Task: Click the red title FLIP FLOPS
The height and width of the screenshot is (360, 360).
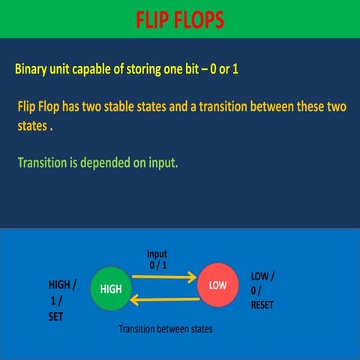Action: (180, 19)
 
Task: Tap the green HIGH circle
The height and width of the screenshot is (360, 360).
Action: (110, 289)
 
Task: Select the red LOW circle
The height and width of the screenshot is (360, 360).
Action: (217, 286)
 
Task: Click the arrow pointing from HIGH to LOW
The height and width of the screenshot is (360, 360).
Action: (164, 277)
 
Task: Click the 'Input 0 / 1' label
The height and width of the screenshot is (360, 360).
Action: (157, 259)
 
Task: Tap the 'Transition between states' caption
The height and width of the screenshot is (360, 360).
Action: (166, 328)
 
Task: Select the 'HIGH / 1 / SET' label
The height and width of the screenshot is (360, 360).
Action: (61, 300)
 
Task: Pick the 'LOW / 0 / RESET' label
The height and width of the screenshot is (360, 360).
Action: (262, 290)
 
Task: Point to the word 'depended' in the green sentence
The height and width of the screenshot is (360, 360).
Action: (107, 162)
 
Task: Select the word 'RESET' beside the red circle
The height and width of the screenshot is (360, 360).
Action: (262, 305)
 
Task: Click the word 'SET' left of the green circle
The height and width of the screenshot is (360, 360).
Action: (56, 316)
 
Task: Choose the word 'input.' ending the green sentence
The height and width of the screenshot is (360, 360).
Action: (161, 162)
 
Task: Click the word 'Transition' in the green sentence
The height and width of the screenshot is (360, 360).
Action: (42, 162)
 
